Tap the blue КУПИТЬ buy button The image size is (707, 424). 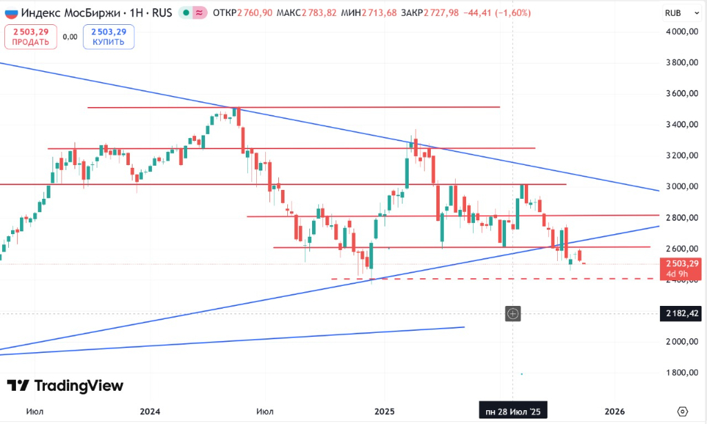[108, 37]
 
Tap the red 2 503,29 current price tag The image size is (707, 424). [679, 264]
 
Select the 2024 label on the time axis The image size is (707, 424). [150, 411]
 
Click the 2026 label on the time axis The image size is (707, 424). [614, 411]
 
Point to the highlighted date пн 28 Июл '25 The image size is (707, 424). [514, 411]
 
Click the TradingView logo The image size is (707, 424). [66, 386]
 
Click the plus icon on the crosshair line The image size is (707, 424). [514, 314]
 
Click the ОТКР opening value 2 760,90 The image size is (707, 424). [258, 12]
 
